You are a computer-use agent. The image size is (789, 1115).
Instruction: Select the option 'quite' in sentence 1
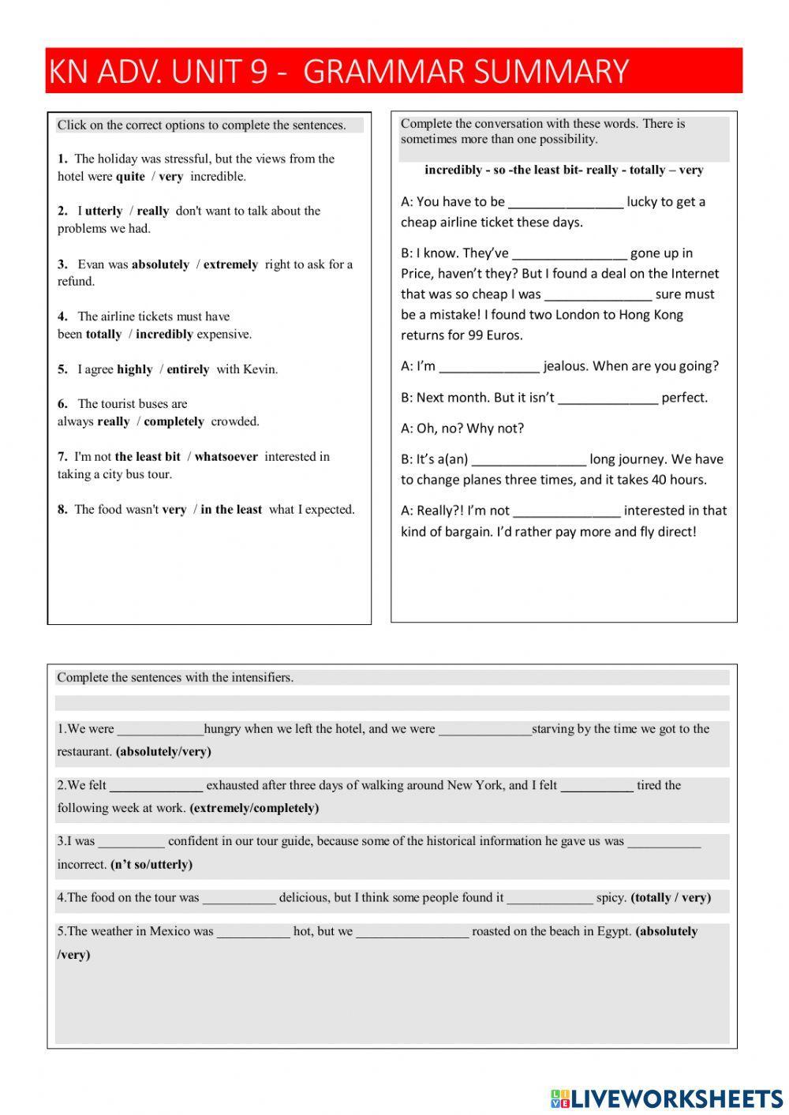click(x=130, y=177)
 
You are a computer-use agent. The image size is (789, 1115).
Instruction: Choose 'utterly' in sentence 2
click(x=103, y=211)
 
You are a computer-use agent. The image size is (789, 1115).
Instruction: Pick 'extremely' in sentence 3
click(x=230, y=265)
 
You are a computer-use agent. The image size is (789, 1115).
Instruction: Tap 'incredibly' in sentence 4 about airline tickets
click(x=164, y=335)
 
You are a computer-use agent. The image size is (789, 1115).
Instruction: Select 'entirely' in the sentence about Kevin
click(x=188, y=369)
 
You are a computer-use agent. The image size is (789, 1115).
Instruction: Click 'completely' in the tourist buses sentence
click(x=174, y=421)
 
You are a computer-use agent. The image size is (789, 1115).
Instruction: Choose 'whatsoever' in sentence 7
click(x=226, y=457)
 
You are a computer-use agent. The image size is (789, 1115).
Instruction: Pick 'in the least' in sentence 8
click(x=230, y=510)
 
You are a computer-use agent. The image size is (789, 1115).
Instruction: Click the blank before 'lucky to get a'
click(x=565, y=203)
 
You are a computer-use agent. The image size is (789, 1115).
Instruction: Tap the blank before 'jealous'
click(x=488, y=367)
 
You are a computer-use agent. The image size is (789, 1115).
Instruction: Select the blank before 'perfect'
click(x=607, y=398)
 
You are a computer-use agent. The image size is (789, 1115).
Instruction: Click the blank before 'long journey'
click(x=528, y=460)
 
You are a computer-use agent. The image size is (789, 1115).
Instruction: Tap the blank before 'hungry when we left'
click(x=160, y=730)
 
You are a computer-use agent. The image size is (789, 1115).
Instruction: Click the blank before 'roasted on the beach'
click(x=412, y=933)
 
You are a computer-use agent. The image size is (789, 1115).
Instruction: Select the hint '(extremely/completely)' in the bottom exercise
click(x=254, y=808)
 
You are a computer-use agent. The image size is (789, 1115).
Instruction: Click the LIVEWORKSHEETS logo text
click(x=676, y=1098)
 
